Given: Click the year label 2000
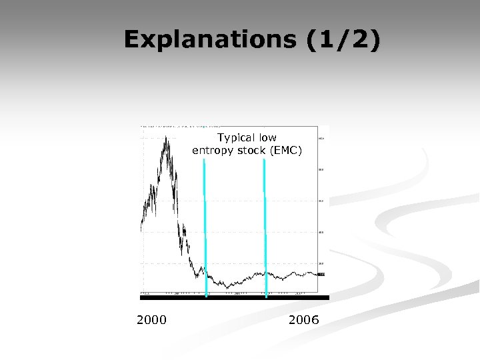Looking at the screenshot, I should pyautogui.click(x=151, y=320).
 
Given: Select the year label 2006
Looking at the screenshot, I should pyautogui.click(x=303, y=320).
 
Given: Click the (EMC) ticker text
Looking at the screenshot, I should pyautogui.click(x=286, y=151).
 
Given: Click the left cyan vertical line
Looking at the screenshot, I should pyautogui.click(x=205, y=227).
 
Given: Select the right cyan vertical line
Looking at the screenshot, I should pyautogui.click(x=265, y=227).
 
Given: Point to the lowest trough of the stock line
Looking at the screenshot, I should pyautogui.click(x=227, y=287).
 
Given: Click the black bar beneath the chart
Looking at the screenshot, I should pyautogui.click(x=233, y=297).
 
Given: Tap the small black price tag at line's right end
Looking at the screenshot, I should pyautogui.click(x=321, y=274).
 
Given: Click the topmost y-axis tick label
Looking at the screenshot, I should pyautogui.click(x=322, y=139).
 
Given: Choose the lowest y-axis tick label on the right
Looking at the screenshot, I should pyautogui.click(x=322, y=263).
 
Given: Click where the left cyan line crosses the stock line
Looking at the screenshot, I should pyautogui.click(x=205, y=275).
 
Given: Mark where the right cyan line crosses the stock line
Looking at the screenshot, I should pyautogui.click(x=265, y=273).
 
